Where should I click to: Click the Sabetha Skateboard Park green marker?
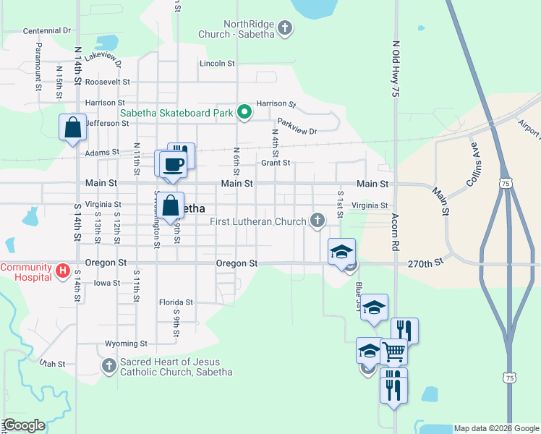pyautogui.click(x=244, y=112)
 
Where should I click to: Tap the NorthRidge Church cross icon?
pyautogui.click(x=285, y=29)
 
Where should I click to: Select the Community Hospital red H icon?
pyautogui.click(x=63, y=272)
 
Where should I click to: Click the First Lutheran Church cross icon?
pyautogui.click(x=317, y=221)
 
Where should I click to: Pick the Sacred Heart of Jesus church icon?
pyautogui.click(x=108, y=366)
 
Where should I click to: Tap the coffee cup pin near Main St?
pyautogui.click(x=174, y=164)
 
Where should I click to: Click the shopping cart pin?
pyautogui.click(x=393, y=352)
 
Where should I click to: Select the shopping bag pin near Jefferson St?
pyautogui.click(x=73, y=127)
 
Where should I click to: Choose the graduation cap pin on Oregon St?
pyautogui.click(x=342, y=251)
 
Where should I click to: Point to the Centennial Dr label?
pyautogui.click(x=47, y=31)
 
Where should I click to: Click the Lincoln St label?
pyautogui.click(x=217, y=64)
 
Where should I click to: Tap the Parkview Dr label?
pyautogui.click(x=297, y=131)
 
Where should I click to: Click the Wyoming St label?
pyautogui.click(x=126, y=344)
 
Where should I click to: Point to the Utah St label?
pyautogui.click(x=53, y=363)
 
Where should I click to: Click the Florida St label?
pyautogui.click(x=176, y=302)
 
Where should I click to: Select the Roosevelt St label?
pyautogui.click(x=107, y=82)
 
